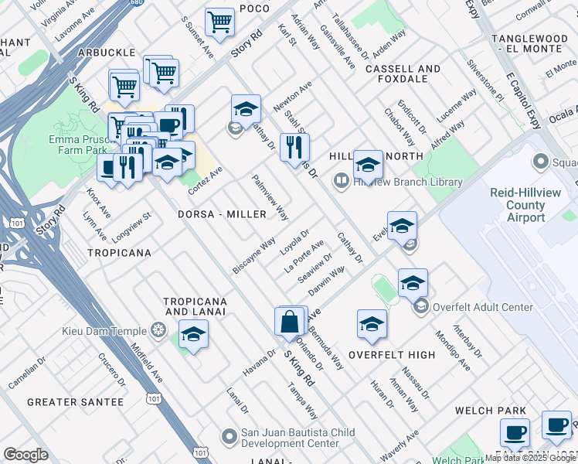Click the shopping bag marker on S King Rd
[289, 322]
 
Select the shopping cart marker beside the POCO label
[220, 23]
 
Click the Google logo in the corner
[25, 454]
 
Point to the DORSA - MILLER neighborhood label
[216, 214]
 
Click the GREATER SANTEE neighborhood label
[75, 402]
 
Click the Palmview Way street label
[270, 197]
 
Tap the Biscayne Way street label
[254, 255]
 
